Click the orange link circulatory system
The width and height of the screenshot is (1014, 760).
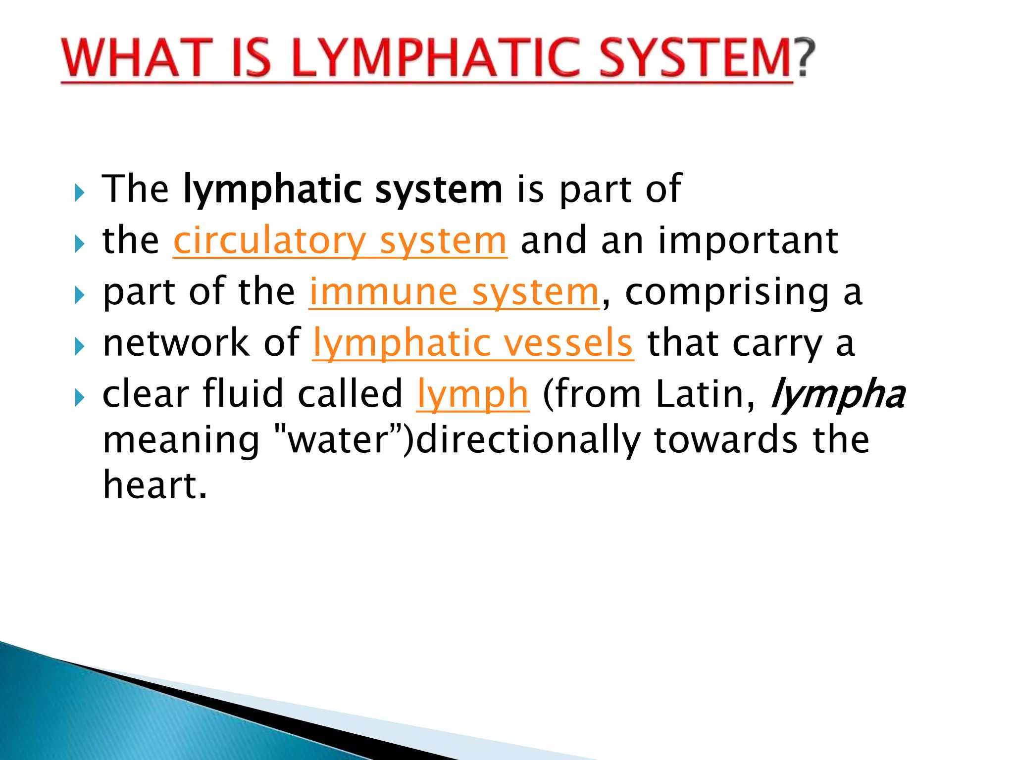click(340, 241)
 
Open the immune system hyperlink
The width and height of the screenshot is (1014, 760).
click(454, 292)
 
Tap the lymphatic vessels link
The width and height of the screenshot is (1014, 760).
click(473, 343)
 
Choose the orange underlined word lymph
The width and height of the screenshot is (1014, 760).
click(473, 394)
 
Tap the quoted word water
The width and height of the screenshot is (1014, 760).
click(340, 439)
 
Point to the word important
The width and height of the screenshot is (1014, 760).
click(748, 241)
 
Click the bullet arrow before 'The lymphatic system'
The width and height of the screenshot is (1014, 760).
click(80, 193)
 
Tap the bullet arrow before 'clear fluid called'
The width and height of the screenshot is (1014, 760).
click(80, 397)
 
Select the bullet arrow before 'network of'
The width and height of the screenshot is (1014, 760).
click(80, 346)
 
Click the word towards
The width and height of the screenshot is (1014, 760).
click(726, 439)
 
